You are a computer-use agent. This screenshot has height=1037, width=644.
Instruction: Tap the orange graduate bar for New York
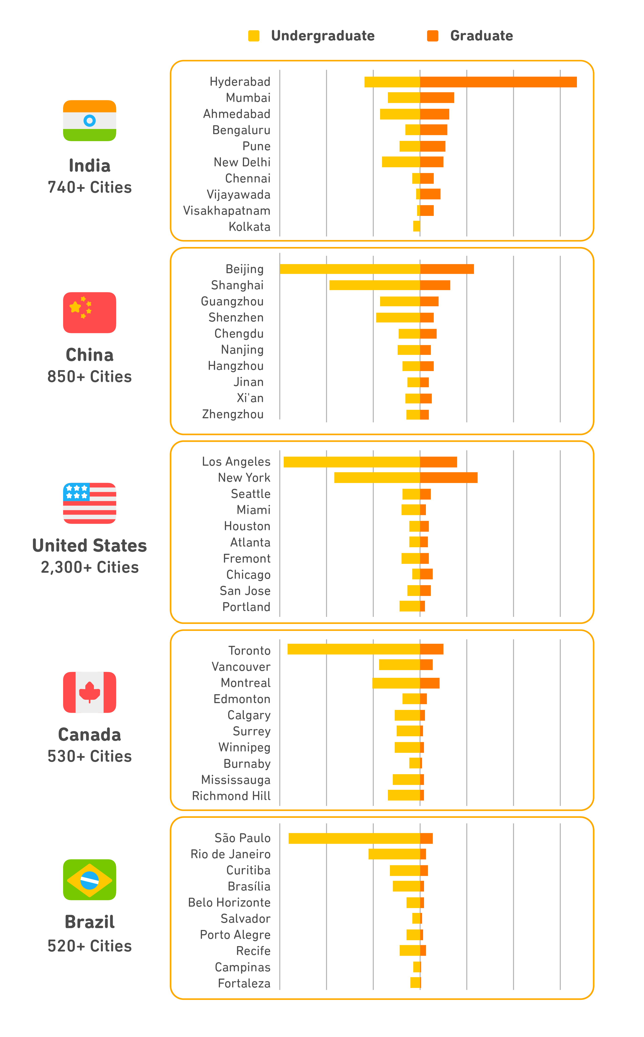click(449, 478)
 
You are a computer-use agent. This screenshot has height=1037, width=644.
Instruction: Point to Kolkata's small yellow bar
click(416, 226)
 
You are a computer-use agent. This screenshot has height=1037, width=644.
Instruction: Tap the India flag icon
click(90, 121)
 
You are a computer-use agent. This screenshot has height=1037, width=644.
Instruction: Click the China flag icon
click(90, 312)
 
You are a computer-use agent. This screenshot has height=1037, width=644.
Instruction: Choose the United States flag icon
click(90, 503)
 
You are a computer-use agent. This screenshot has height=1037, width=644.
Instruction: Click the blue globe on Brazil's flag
click(90, 880)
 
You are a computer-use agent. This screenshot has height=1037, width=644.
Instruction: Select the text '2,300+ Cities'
click(90, 568)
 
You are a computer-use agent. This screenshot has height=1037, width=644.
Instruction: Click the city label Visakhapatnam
click(227, 211)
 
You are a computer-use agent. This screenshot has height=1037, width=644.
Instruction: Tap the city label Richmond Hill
click(231, 796)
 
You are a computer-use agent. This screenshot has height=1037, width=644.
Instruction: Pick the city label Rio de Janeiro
click(230, 854)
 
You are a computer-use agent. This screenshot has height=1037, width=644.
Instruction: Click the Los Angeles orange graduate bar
click(438, 462)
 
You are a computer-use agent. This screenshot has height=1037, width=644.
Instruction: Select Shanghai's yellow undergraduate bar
click(374, 285)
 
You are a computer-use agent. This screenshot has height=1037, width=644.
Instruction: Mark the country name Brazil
click(90, 922)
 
